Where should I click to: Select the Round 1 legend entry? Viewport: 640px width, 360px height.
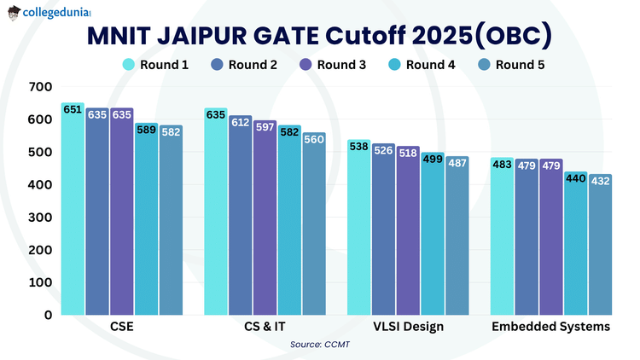(x=155, y=65)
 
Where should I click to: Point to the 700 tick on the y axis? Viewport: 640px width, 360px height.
(x=40, y=87)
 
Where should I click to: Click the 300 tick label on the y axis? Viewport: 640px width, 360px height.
(x=40, y=217)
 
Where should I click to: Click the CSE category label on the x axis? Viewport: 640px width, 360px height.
(x=121, y=328)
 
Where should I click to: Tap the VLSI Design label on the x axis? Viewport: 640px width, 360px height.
(x=408, y=328)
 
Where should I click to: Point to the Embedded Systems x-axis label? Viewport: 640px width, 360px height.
(x=550, y=328)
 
